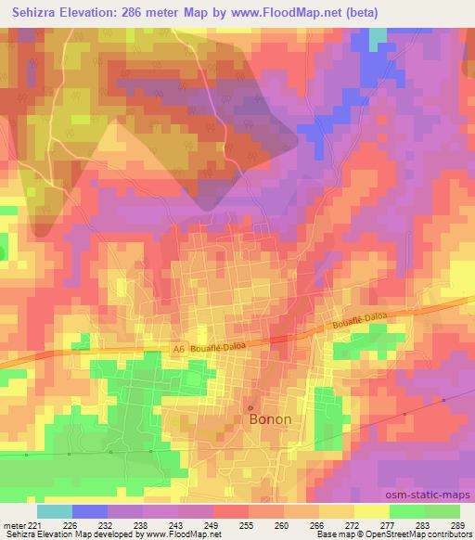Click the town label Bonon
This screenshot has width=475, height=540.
tap(270, 419)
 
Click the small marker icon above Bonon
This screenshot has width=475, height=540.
tap(250, 406)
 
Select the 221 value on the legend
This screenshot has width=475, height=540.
tap(37, 525)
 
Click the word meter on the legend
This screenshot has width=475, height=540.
tap(15, 525)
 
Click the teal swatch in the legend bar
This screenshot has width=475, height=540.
tap(55, 511)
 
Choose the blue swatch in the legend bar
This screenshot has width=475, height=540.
tap(90, 511)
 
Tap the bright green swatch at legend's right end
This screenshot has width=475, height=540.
tap(443, 511)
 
